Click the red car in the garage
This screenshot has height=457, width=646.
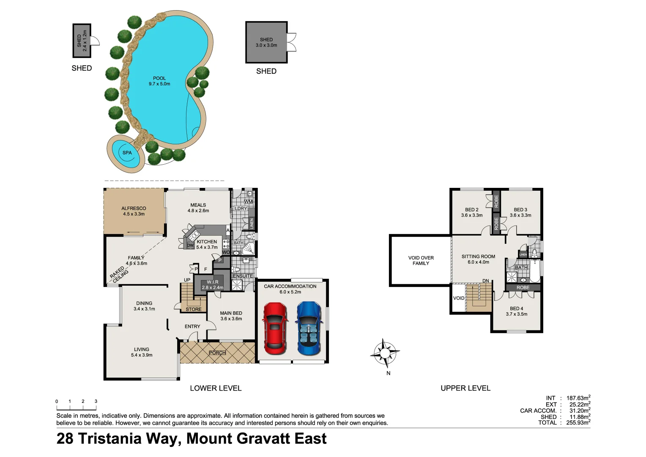pyautogui.click(x=275, y=328)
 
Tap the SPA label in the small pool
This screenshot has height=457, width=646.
pyautogui.click(x=127, y=153)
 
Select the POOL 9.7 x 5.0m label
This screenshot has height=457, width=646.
pyautogui.click(x=159, y=81)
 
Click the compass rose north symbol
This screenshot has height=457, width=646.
pyautogui.click(x=385, y=352)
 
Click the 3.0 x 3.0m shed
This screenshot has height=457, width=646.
pyautogui.click(x=266, y=42)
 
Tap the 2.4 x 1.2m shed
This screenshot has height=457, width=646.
pyautogui.click(x=82, y=41)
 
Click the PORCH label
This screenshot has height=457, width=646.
pyautogui.click(x=217, y=353)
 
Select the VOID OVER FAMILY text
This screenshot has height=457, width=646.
pyautogui.click(x=421, y=260)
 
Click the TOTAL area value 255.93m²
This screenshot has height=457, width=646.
pyautogui.click(x=578, y=423)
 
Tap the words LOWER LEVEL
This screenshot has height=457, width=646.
pyautogui.click(x=216, y=388)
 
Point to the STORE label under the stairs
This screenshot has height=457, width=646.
pyautogui.click(x=194, y=309)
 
